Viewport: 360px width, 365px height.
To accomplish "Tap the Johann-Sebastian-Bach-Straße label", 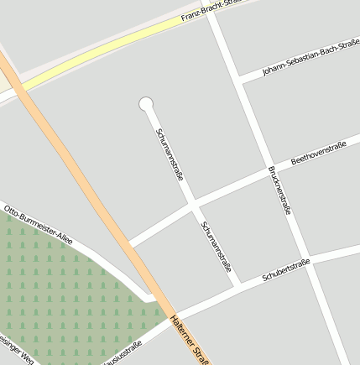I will (x=310, y=58).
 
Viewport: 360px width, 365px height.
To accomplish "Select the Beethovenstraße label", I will (x=318, y=154).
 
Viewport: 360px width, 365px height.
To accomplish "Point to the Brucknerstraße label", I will (x=279, y=190).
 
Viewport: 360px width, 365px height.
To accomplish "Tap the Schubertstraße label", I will (x=286, y=269).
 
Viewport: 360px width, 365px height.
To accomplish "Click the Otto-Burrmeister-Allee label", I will (x=39, y=224).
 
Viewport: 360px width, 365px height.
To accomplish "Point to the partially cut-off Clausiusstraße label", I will (x=123, y=355).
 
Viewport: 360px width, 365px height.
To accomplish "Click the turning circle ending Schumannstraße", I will (x=147, y=104).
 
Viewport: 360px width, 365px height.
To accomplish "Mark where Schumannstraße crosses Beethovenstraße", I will (x=194, y=205).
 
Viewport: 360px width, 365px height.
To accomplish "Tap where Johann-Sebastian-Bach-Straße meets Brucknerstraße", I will (x=240, y=81).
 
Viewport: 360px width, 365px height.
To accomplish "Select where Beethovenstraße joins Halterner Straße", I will (x=128, y=243).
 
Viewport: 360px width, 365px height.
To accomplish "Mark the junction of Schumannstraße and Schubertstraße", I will (x=239, y=284).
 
